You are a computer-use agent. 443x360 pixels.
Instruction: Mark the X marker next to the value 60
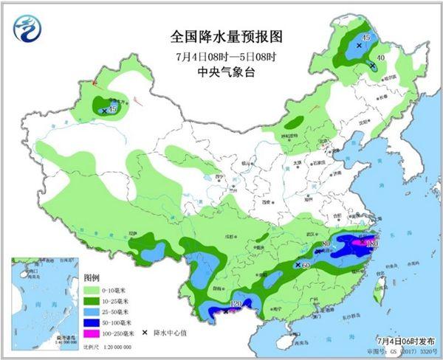coord(298,264)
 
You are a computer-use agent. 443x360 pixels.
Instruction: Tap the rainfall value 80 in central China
coord(326,245)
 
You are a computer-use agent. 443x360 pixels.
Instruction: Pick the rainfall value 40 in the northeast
coord(381,58)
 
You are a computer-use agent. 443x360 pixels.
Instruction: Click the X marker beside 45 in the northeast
coord(359,46)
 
